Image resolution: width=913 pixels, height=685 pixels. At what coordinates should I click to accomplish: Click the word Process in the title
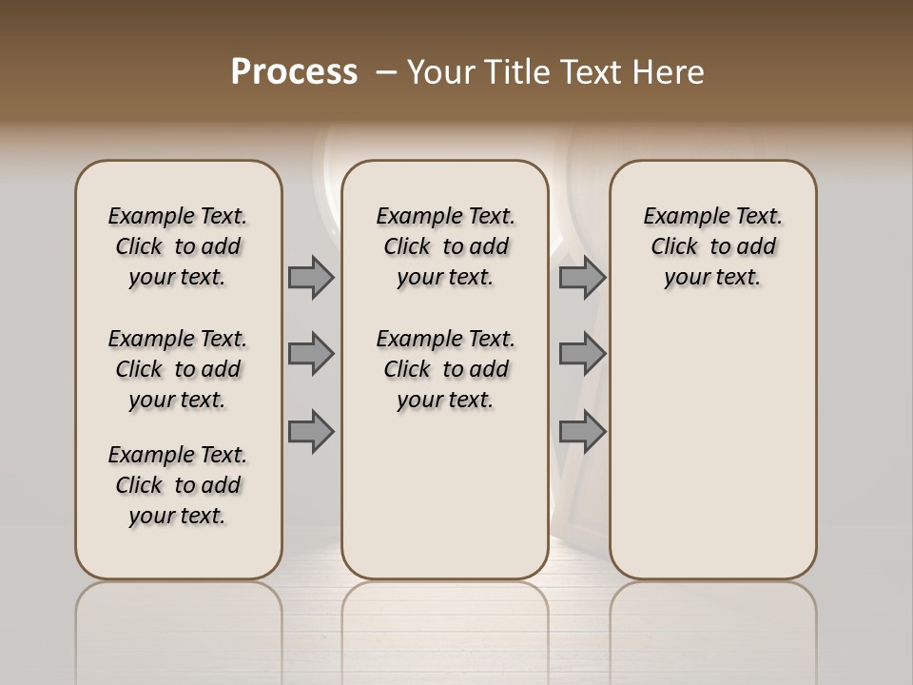[x=294, y=72]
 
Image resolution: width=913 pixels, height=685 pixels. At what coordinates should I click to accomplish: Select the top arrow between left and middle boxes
[x=311, y=277]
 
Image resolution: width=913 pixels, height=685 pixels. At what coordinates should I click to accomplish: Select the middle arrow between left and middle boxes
[x=311, y=354]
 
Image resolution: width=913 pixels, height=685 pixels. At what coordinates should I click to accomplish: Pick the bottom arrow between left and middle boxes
[x=311, y=431]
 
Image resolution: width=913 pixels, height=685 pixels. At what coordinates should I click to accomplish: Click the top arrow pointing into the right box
[x=582, y=277]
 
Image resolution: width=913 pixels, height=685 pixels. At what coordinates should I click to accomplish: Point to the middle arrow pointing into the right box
[x=582, y=354]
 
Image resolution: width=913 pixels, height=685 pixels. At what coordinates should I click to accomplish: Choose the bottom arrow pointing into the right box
[x=582, y=431]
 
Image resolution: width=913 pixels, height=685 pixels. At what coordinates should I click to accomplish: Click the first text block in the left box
[x=178, y=246]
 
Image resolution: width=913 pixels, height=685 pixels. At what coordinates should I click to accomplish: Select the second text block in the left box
[x=178, y=369]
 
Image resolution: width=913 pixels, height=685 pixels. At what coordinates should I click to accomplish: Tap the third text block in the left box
[x=178, y=485]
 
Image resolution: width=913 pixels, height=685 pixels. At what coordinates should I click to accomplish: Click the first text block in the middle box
[x=445, y=246]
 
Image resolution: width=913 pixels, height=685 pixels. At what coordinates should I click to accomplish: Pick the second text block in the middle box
[x=445, y=369]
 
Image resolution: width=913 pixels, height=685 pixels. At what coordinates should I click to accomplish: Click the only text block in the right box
[x=713, y=246]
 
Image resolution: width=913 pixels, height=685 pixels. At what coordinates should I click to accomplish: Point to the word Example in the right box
[x=680, y=217]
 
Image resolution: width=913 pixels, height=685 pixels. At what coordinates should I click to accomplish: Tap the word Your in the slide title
[x=440, y=72]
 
